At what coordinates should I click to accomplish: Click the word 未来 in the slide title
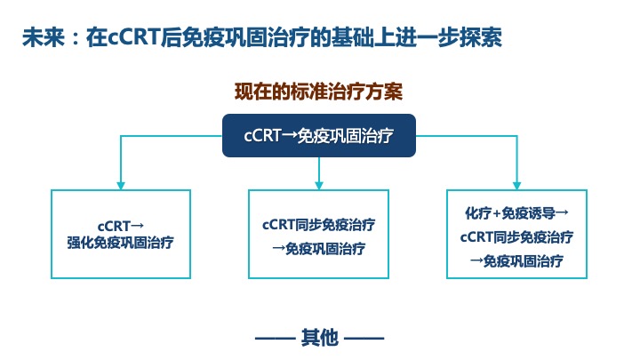click(44, 37)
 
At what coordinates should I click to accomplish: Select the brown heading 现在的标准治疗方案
click(319, 91)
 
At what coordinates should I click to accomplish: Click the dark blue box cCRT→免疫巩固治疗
click(319, 135)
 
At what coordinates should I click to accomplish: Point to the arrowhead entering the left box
click(120, 186)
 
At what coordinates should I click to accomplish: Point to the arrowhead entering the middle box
click(319, 186)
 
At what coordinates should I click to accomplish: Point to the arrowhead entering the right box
click(516, 186)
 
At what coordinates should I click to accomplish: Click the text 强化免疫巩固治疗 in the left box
click(120, 243)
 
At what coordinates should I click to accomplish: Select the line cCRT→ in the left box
click(120, 226)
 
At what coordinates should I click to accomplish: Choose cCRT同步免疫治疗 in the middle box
click(319, 225)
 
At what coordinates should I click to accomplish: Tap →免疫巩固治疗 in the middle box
click(319, 248)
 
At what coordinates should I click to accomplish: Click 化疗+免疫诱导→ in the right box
click(516, 212)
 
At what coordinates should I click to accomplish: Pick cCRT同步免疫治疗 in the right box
click(516, 236)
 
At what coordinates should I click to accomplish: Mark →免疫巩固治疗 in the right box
click(516, 260)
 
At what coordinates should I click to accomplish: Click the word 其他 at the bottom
click(320, 338)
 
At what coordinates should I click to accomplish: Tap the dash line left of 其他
click(275, 339)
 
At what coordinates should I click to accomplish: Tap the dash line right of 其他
click(364, 339)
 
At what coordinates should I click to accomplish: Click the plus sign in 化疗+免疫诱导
click(496, 213)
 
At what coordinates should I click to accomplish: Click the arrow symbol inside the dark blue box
click(289, 136)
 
